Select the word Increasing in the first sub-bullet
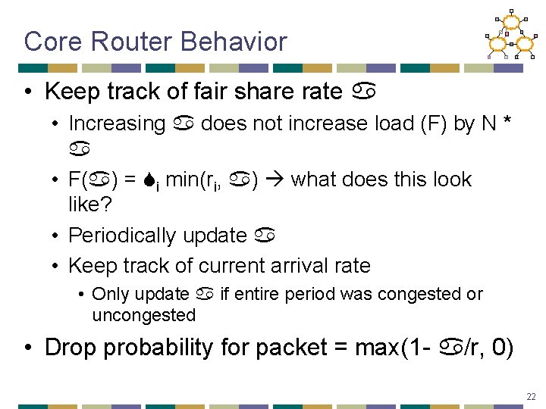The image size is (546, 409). (x=117, y=123)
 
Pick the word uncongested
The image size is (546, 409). (x=143, y=314)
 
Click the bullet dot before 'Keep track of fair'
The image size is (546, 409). (x=28, y=92)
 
